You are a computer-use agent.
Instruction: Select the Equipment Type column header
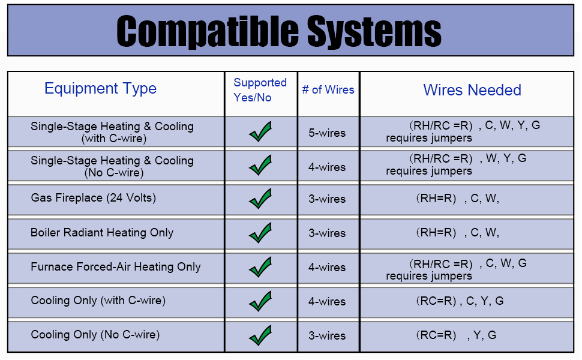(100, 89)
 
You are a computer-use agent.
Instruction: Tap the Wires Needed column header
(472, 90)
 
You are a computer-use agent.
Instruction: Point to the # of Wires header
(328, 90)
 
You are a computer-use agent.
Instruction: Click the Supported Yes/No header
(260, 90)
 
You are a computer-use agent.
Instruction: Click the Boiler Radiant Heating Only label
(102, 233)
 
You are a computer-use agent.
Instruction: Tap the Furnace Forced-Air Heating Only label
(116, 267)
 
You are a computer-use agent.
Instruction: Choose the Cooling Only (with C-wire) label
(98, 301)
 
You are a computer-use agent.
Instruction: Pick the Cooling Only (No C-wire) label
(95, 335)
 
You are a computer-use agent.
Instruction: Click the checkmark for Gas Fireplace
(260, 199)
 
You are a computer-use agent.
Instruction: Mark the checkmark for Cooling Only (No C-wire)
(260, 335)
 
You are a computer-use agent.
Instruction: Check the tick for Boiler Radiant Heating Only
(260, 233)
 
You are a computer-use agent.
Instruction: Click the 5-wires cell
(327, 133)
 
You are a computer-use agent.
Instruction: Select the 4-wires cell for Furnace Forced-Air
(327, 268)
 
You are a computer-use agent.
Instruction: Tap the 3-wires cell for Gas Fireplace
(327, 199)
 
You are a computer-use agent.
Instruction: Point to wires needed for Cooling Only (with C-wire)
(460, 301)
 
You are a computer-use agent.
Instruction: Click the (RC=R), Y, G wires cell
(456, 335)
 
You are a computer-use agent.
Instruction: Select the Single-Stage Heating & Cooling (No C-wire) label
(112, 166)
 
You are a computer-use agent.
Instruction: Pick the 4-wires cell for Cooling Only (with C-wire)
(327, 302)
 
